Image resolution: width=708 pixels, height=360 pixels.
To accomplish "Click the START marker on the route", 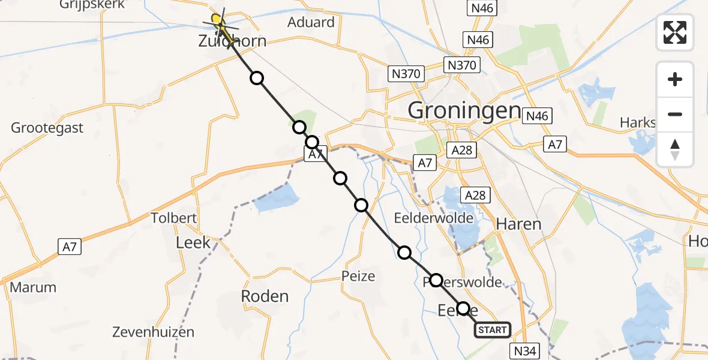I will pyautogui.click(x=493, y=329).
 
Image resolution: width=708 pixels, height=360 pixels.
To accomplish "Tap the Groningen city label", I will pyautogui.click(x=464, y=110).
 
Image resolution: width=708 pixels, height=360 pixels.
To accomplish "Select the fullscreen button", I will pyautogui.click(x=675, y=32).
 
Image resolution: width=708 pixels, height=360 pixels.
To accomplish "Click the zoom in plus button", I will pyautogui.click(x=675, y=79).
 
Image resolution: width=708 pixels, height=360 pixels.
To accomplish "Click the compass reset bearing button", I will pyautogui.click(x=675, y=149).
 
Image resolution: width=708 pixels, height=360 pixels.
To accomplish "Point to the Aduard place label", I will pyautogui.click(x=311, y=23).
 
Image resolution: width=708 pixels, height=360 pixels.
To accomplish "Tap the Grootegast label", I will pyautogui.click(x=47, y=128).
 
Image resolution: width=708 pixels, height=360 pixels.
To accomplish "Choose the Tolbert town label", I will pyautogui.click(x=174, y=218).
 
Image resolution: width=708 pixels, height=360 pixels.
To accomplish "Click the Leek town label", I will pyautogui.click(x=193, y=242).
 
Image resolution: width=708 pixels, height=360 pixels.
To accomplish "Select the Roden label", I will pyautogui.click(x=265, y=296).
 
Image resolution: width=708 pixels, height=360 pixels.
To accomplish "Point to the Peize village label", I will pyautogui.click(x=358, y=277).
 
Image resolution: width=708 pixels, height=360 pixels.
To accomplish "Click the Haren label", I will pyautogui.click(x=518, y=224).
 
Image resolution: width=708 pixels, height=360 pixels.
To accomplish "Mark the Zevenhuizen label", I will pyautogui.click(x=153, y=332).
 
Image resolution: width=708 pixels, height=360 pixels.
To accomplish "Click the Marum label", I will pyautogui.click(x=33, y=287).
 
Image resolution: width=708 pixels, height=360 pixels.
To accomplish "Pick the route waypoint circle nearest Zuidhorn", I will pyautogui.click(x=257, y=78).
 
